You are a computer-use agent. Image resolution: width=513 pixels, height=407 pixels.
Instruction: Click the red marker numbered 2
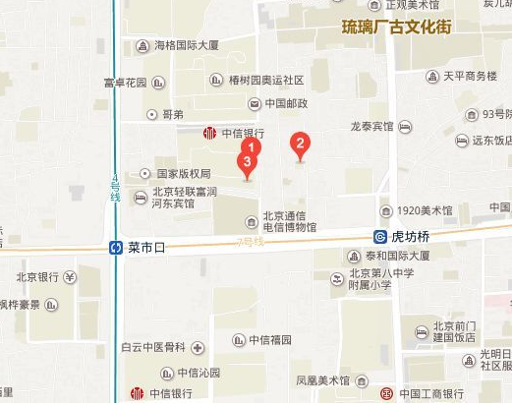pos(302,145)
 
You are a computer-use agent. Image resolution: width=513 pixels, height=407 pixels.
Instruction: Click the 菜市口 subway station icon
pos(116,248)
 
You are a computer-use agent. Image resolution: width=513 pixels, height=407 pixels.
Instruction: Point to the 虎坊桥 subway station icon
pos(380,237)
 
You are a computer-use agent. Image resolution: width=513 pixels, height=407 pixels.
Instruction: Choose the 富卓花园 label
pos(125,83)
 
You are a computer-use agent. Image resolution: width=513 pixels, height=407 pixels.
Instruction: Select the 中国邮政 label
pos(285,102)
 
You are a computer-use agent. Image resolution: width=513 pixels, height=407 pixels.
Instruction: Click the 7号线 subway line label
pos(253,241)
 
